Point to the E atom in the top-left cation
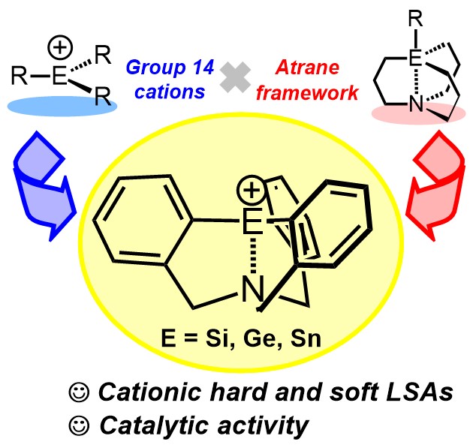58,76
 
